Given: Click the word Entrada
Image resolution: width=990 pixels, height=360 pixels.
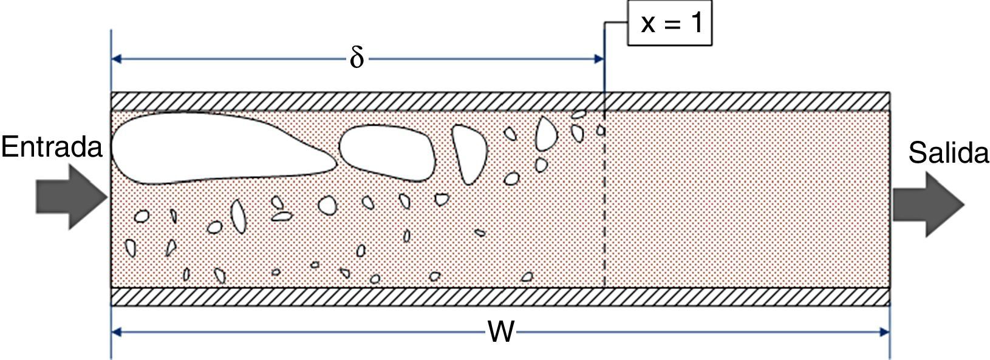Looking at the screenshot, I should point(52,148).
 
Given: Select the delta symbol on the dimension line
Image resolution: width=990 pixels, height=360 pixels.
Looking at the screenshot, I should point(357,59).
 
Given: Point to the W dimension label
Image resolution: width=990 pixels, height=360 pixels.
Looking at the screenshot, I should point(501,332).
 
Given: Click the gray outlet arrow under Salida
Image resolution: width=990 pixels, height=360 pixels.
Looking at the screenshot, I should point(927,204).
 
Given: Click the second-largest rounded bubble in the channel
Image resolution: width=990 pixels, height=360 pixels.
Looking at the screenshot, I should point(387,152).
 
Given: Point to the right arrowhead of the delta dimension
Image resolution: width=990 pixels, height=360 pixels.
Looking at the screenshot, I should point(598,59).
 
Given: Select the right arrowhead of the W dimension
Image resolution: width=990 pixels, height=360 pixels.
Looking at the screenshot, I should point(884,332).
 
